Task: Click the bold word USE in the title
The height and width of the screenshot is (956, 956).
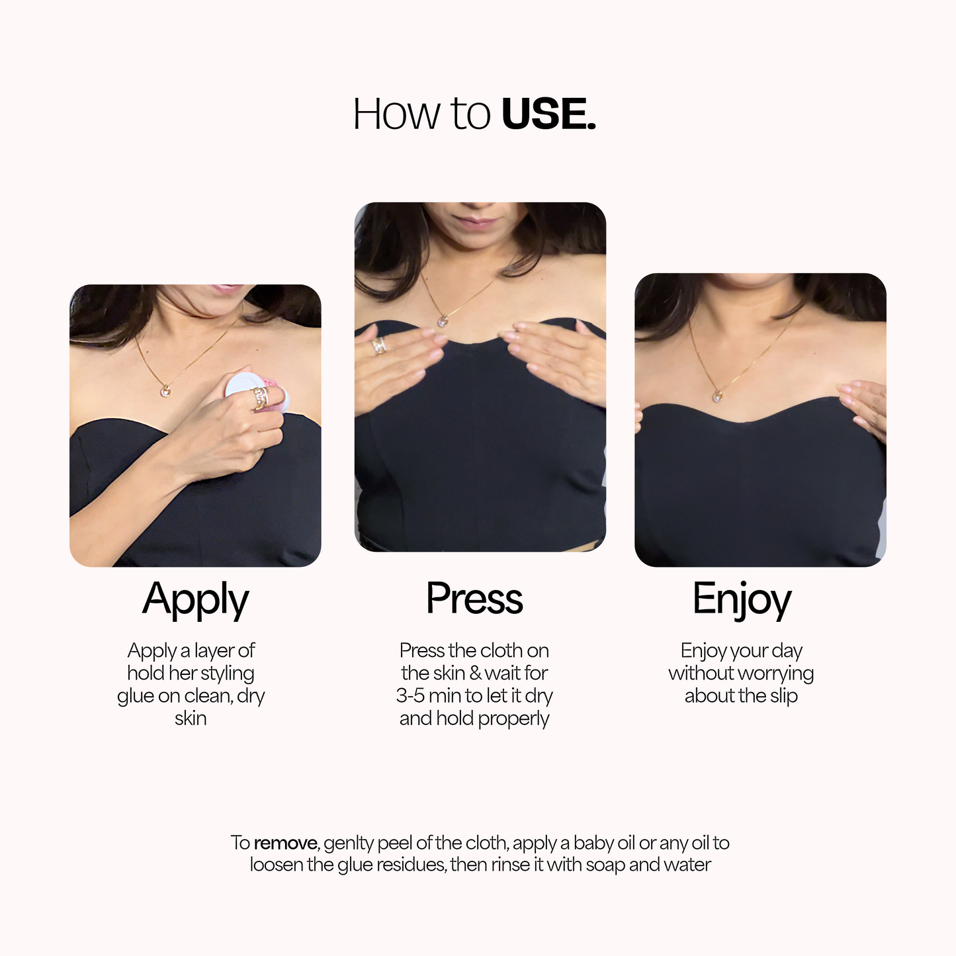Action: click(548, 114)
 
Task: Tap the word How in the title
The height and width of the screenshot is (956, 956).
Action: click(396, 114)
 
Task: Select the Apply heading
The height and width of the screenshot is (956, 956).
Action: click(195, 599)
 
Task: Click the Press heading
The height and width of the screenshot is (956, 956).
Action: click(474, 599)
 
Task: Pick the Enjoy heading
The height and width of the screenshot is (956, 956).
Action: click(741, 599)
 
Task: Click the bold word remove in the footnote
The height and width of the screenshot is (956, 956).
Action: click(286, 843)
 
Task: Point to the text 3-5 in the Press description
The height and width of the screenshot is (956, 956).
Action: click(410, 696)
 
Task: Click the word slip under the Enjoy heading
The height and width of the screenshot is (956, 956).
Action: click(783, 696)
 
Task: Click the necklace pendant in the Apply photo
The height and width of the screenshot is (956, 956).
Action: click(165, 391)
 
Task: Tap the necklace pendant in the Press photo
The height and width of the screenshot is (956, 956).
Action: click(443, 322)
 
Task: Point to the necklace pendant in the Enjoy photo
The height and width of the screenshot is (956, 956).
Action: click(717, 396)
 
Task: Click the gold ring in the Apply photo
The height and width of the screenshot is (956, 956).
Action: click(261, 398)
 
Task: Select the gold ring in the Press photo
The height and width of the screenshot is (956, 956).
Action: click(380, 345)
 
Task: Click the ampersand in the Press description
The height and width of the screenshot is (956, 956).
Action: click(475, 674)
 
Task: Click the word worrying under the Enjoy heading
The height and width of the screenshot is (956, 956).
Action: click(776, 674)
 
